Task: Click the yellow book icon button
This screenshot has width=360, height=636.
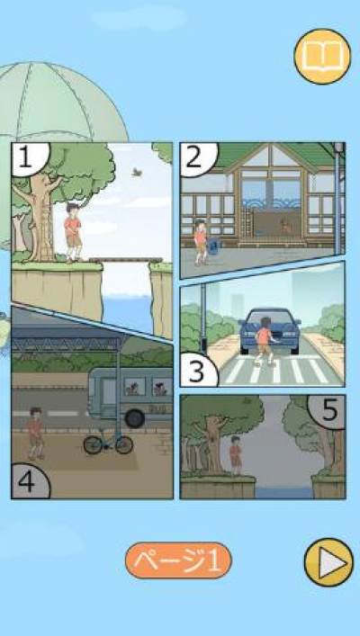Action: pyautogui.click(x=322, y=57)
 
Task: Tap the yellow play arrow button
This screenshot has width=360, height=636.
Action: pyautogui.click(x=328, y=562)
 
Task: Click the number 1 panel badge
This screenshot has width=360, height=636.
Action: pyautogui.click(x=29, y=157)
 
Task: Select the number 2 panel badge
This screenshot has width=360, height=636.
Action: pyautogui.click(x=197, y=157)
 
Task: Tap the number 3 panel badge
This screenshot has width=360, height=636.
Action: pyautogui.click(x=198, y=371)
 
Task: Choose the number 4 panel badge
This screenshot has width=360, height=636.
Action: pyautogui.click(x=29, y=482)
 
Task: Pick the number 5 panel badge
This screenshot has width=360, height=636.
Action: pyautogui.click(x=328, y=411)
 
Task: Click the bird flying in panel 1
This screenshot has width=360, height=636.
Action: pyautogui.click(x=137, y=173)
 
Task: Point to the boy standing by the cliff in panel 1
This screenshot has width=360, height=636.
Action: pyautogui.click(x=73, y=232)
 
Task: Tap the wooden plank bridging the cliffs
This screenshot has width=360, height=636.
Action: pyautogui.click(x=126, y=260)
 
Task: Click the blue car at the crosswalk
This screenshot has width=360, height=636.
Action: pyautogui.click(x=270, y=330)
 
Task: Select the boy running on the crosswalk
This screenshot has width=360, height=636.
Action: pyautogui.click(x=265, y=341)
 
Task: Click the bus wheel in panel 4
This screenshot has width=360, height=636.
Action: pyautogui.click(x=135, y=418)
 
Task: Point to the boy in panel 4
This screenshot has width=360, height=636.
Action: pyautogui.click(x=36, y=434)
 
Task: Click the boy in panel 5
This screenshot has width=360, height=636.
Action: pyautogui.click(x=236, y=455)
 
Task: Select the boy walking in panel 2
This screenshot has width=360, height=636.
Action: pyautogui.click(x=200, y=242)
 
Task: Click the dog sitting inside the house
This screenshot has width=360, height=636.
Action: pyautogui.click(x=286, y=226)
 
